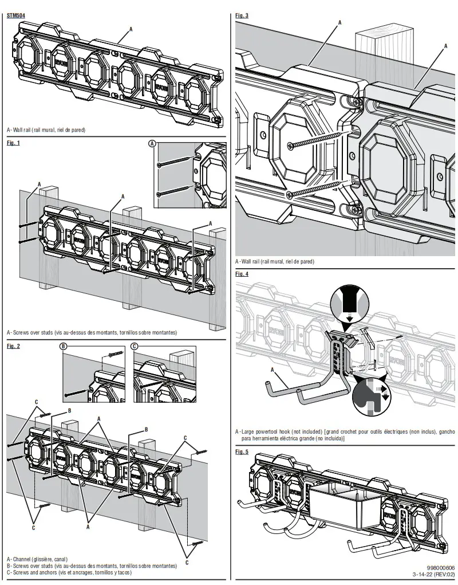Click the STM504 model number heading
[x=15, y=15]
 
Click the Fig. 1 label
[x=13, y=143]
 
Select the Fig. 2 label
[x=13, y=346]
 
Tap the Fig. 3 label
[x=242, y=15]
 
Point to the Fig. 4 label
[x=242, y=274]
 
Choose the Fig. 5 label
[x=242, y=451]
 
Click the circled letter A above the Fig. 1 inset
[x=152, y=143]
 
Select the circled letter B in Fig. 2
[x=64, y=346]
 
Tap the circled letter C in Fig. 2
[x=134, y=346]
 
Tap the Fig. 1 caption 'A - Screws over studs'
[x=92, y=332]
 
